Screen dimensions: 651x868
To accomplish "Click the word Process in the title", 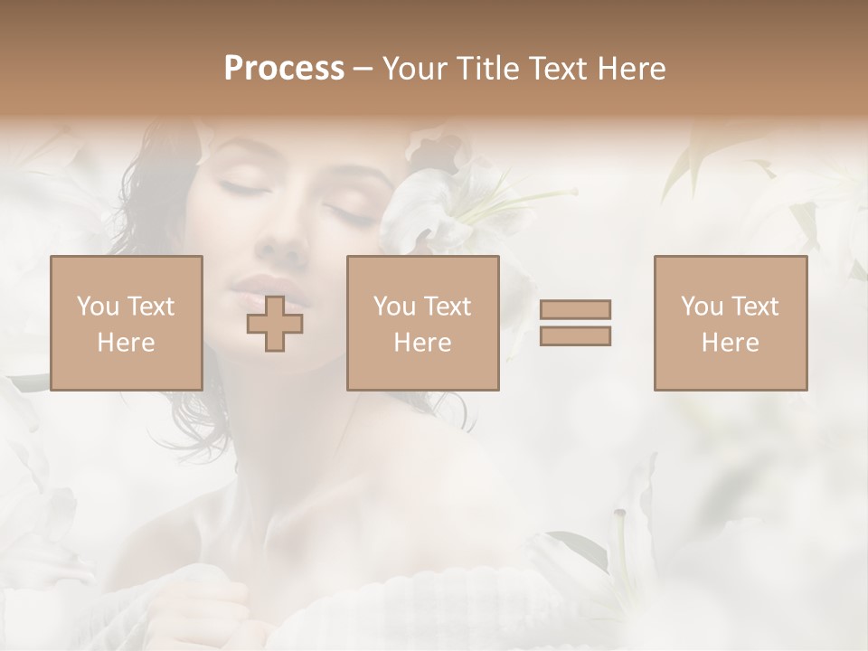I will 284,69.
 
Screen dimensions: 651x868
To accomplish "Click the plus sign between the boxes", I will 276,324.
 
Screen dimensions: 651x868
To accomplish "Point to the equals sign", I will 575,323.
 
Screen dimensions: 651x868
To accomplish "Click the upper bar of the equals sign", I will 575,309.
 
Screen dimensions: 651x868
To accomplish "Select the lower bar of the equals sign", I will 575,335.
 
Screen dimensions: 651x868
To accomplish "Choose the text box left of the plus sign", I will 127,323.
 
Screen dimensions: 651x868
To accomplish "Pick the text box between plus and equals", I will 423,323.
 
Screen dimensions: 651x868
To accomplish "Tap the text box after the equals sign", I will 731,323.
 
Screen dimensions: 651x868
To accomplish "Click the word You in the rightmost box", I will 703,307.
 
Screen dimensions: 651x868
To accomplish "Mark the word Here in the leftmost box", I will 127,343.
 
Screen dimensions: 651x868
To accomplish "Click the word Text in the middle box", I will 448,307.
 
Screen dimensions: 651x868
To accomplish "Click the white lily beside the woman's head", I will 434,203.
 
